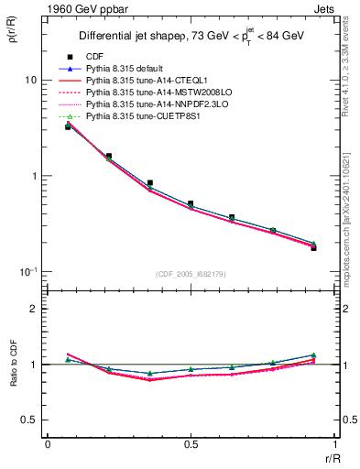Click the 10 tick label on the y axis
[30, 81]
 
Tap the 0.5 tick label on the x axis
[191, 445]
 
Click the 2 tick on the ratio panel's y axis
[34, 309]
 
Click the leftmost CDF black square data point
[68, 126]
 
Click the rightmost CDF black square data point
[313, 248]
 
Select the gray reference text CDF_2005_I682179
[191, 273]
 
